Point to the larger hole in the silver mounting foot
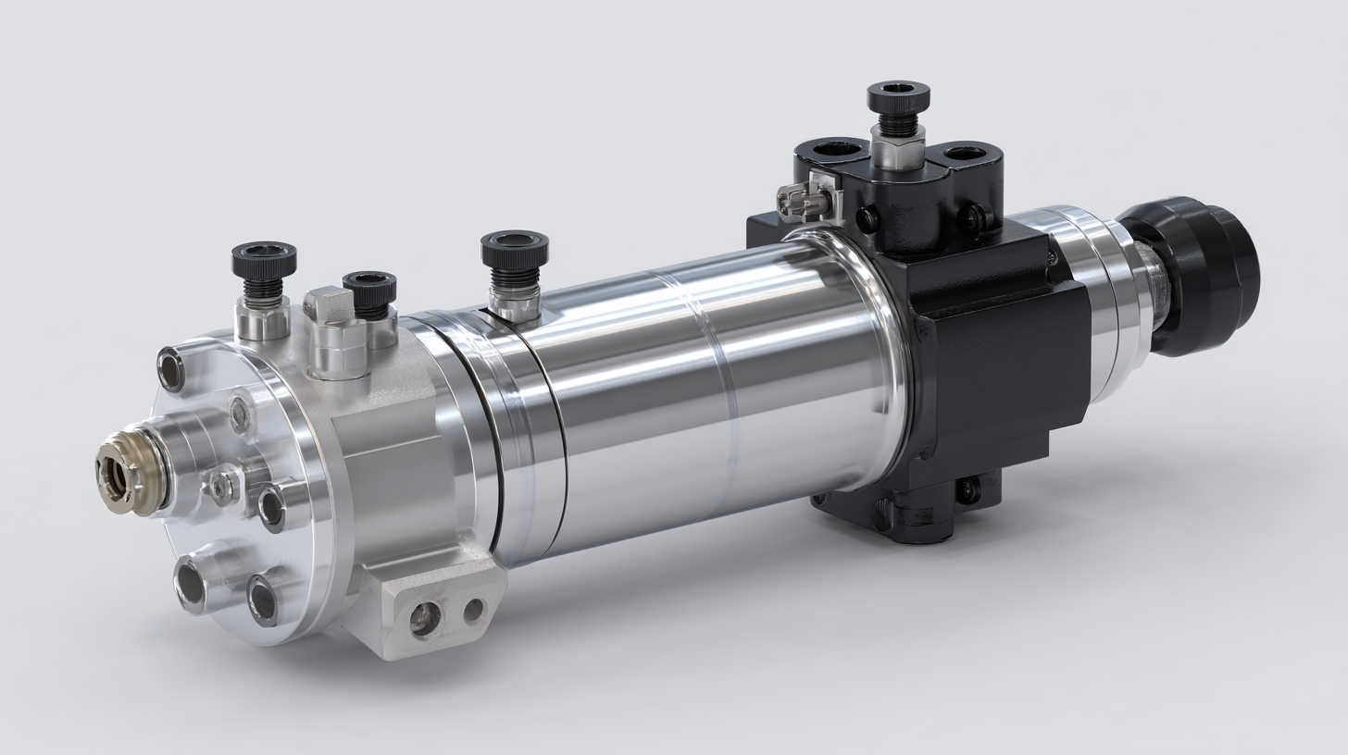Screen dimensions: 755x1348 pos(425,618)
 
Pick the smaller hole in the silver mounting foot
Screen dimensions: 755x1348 pos(473,610)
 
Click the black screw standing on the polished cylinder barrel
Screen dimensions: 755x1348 pos(514,254)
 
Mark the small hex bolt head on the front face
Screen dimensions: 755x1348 pos(222,483)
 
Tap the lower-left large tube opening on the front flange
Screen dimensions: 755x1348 pos(192,584)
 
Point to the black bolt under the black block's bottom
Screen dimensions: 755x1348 pos(967,488)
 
